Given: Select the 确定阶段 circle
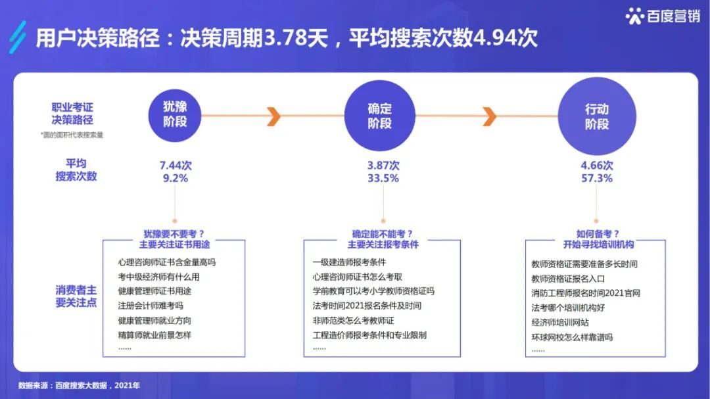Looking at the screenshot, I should [379, 115].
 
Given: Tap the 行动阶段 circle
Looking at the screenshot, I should [596, 116].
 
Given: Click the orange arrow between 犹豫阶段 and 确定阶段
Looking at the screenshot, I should [274, 116].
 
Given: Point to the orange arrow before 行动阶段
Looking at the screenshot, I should [489, 116].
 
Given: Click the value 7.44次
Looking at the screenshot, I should [176, 166].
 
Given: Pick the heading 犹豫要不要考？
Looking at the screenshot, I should [174, 233].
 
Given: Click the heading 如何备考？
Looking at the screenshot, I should [598, 233].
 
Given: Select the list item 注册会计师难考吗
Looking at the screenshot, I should [151, 306].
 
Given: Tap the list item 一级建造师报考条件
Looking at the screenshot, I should [349, 262].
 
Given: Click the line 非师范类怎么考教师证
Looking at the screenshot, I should [353, 320].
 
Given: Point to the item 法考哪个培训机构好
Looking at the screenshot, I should [568, 308].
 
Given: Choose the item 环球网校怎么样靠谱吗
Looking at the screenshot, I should [572, 337].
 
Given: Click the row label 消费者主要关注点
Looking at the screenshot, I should [76, 296].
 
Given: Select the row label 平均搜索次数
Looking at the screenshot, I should [76, 170].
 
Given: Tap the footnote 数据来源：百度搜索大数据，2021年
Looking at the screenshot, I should [79, 385].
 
